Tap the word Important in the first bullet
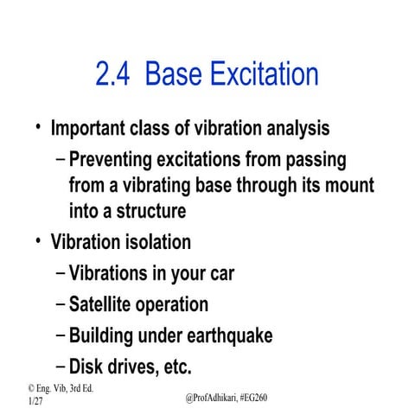92,129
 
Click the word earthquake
227,335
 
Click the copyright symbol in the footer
32,389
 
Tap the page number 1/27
35,403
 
